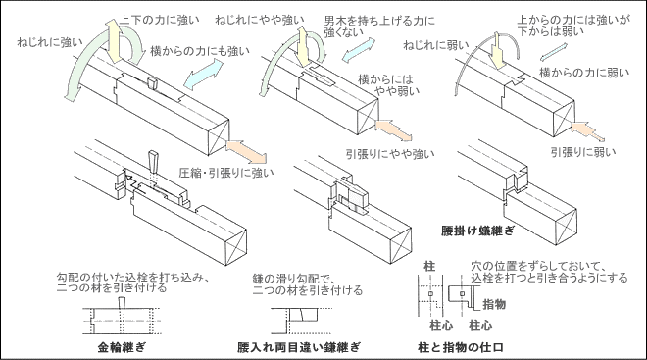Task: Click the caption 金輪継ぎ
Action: click(x=122, y=347)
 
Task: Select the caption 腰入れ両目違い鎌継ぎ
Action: click(x=299, y=347)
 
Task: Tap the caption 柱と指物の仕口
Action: click(x=461, y=347)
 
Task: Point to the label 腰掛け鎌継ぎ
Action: click(x=477, y=231)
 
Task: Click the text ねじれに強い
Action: click(x=50, y=42)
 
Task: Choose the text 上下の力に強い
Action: click(x=159, y=20)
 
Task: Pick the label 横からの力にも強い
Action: click(x=200, y=51)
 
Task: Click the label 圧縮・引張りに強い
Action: click(x=226, y=173)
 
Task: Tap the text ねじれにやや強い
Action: click(x=260, y=20)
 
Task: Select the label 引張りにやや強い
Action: click(x=390, y=154)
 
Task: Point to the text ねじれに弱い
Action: click(x=436, y=44)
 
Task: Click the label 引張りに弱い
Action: click(x=583, y=152)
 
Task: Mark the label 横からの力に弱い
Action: click(x=584, y=73)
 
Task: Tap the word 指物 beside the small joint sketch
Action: click(x=494, y=305)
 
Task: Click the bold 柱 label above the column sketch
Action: click(x=429, y=266)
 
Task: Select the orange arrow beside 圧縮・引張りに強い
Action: click(x=246, y=151)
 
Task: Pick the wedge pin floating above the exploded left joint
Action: click(x=154, y=162)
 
